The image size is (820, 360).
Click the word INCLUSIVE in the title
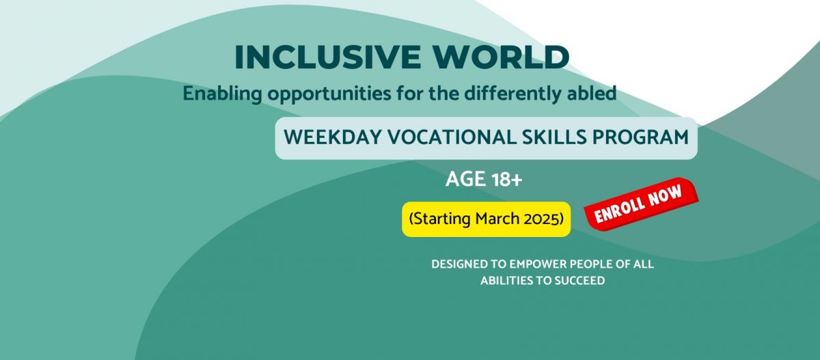point(327,57)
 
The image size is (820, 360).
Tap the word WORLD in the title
point(501,57)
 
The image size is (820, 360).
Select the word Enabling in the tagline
point(222,94)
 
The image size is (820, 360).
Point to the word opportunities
point(329,94)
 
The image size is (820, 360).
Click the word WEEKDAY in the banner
point(333,137)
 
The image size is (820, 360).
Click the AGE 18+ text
point(484,179)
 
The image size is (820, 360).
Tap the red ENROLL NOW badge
point(641,204)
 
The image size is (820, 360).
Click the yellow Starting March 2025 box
point(486,219)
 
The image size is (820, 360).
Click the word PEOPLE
point(592,264)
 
